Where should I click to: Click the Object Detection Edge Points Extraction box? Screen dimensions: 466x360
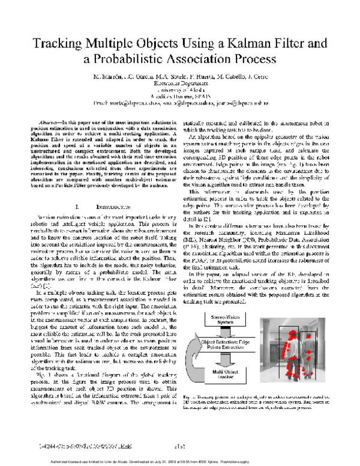pos(223,344)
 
